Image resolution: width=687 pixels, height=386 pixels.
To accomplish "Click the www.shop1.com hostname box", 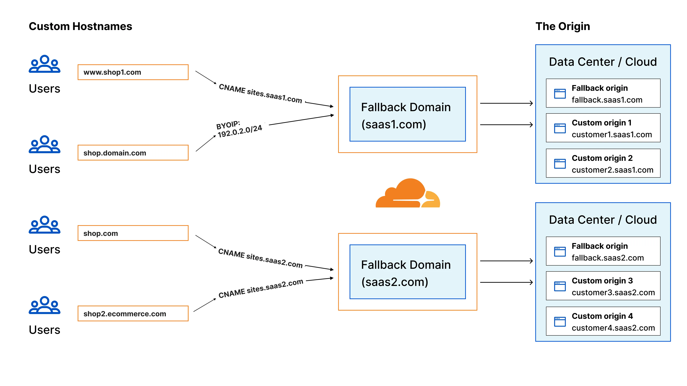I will (133, 72).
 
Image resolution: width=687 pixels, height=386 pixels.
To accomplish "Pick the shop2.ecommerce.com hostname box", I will (133, 314).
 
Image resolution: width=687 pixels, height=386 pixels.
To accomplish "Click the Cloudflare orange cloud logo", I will (408, 194).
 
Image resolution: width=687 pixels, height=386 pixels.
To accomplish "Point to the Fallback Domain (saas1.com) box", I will (408, 114).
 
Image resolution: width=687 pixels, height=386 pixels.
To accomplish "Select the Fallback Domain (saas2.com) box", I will (408, 272).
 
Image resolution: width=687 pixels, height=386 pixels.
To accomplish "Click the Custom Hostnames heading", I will (80, 26).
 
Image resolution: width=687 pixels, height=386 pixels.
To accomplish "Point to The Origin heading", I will (563, 26).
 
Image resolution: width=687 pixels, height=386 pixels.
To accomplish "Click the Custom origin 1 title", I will (601, 123).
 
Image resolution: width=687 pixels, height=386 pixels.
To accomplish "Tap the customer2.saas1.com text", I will (612, 170).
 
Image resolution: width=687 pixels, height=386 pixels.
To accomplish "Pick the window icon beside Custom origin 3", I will (560, 286).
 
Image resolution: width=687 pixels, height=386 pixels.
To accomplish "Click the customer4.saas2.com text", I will (613, 328).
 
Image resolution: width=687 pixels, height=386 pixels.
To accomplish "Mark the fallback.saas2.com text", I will (608, 258).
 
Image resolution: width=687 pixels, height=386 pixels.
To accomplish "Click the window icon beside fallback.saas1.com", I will (560, 93).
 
